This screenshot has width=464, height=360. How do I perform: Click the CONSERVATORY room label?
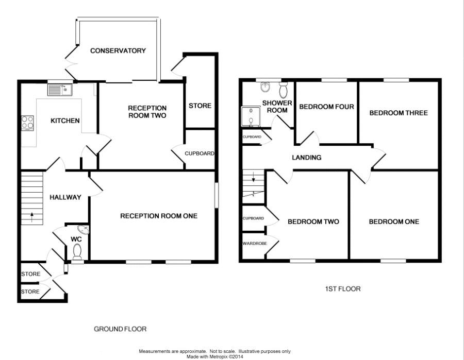pyautogui.click(x=118, y=50)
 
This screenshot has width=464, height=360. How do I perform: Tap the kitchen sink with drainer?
pyautogui.click(x=60, y=90)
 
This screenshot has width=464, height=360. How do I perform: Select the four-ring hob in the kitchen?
pyautogui.click(x=27, y=123)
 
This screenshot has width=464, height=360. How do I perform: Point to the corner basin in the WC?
pyautogui.click(x=84, y=229)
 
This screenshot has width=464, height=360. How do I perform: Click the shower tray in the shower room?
pyautogui.click(x=251, y=116)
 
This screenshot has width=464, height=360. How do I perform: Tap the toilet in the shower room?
pyautogui.click(x=284, y=90)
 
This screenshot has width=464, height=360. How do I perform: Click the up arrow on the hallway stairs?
pyautogui.click(x=31, y=217)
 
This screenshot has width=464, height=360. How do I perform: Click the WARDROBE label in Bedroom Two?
pyautogui.click(x=255, y=244)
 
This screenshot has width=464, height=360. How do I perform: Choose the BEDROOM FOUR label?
pyautogui.click(x=326, y=107)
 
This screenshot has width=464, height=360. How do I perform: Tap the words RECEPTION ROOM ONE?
pyautogui.click(x=159, y=216)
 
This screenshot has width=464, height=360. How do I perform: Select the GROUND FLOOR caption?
pyautogui.click(x=120, y=329)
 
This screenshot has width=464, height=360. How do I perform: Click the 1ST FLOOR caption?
pyautogui.click(x=343, y=289)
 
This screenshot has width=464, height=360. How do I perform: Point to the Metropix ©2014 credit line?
pyautogui.click(x=215, y=357)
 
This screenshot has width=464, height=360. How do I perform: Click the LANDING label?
pyautogui.click(x=307, y=158)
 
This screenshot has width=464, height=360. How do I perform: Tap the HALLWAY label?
pyautogui.click(x=65, y=197)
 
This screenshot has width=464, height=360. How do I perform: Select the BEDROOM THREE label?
pyautogui.click(x=399, y=113)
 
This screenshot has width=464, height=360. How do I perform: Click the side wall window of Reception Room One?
pyautogui.click(x=217, y=195)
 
